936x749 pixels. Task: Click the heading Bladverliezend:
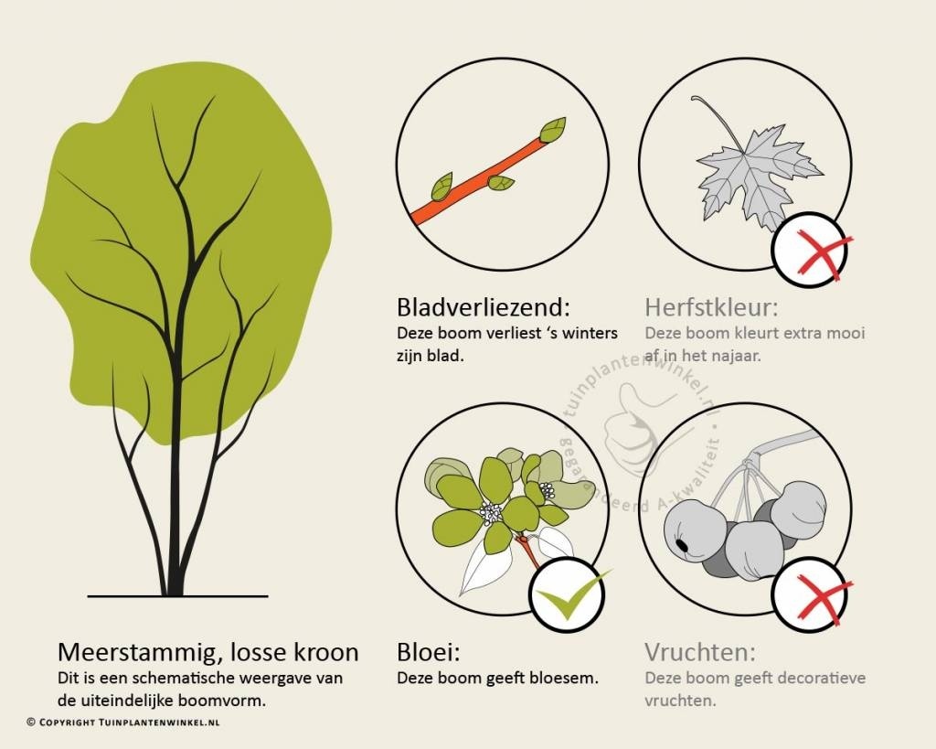(x=484, y=307)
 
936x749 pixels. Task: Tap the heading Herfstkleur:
(x=711, y=307)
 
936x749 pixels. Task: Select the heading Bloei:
(x=429, y=652)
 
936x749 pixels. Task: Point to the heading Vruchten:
(x=699, y=652)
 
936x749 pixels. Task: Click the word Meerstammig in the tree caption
(x=141, y=652)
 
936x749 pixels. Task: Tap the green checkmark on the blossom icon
(x=570, y=595)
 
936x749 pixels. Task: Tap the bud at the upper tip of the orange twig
(x=553, y=130)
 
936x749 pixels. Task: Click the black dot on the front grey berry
(x=681, y=546)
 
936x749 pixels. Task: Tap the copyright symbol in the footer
(x=31, y=722)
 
